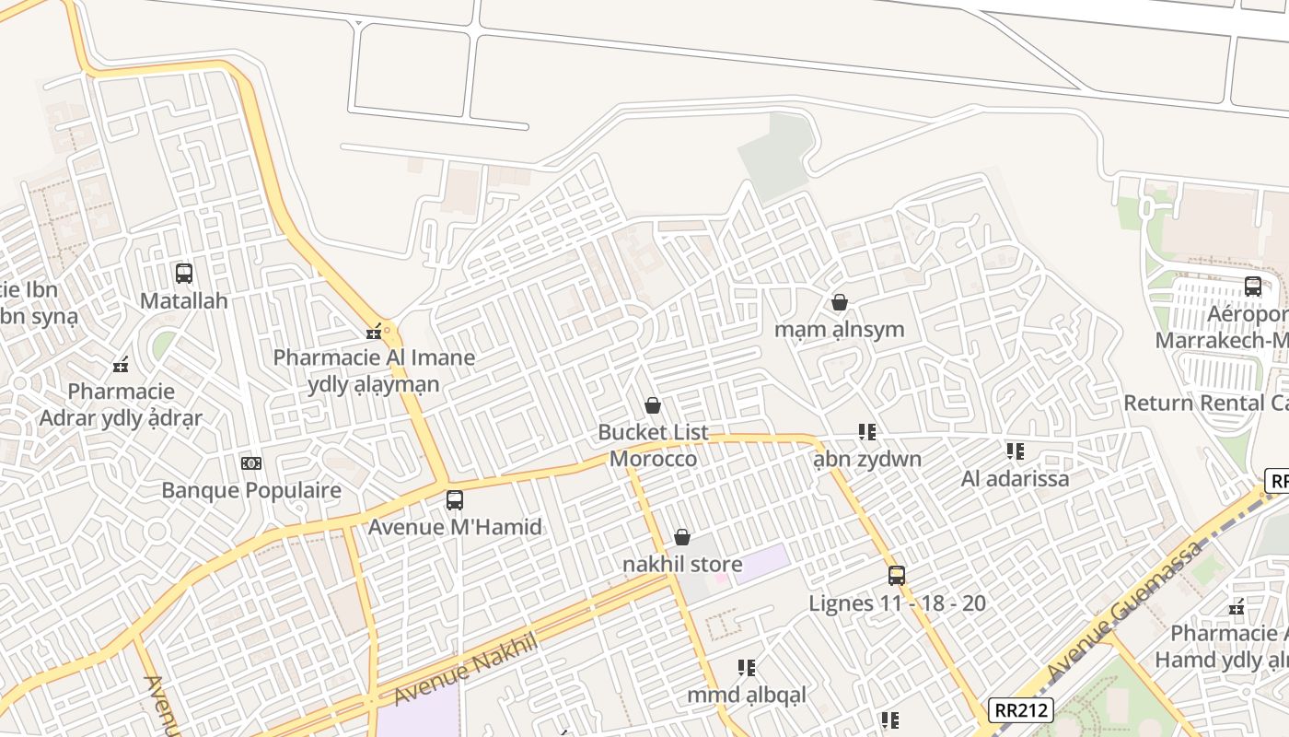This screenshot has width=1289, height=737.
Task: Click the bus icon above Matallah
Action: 184,274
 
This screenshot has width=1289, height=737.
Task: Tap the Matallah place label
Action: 184,300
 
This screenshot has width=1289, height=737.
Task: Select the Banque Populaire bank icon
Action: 250,463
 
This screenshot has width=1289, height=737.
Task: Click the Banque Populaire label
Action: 251,490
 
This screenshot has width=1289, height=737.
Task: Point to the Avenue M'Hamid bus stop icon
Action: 455,500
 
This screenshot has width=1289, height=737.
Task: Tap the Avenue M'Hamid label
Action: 455,528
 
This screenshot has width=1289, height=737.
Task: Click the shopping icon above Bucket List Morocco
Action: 653,405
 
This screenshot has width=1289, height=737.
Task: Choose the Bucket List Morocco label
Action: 654,445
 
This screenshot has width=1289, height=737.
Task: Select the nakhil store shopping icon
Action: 682,537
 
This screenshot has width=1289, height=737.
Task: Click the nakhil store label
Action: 682,564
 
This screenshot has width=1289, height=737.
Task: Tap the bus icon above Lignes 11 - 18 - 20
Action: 897,576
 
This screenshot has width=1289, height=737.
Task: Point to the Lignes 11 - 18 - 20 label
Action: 897,603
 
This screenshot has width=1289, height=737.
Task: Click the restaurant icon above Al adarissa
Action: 1016,451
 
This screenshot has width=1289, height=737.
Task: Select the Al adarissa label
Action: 1016,478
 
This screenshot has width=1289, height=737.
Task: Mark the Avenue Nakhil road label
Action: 465,670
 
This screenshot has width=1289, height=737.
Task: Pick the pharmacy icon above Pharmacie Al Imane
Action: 374,332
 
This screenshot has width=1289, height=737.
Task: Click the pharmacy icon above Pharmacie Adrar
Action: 121,365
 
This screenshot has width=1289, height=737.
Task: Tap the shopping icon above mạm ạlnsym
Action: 840,302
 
